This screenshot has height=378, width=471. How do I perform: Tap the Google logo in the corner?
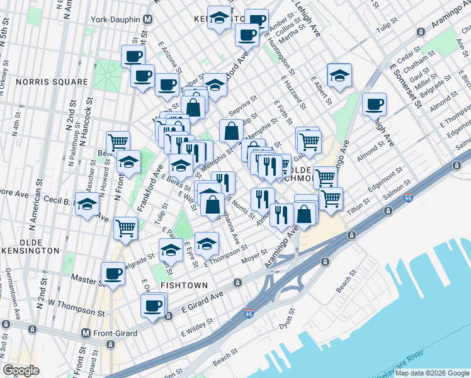21,370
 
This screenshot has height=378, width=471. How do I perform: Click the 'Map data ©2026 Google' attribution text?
432,374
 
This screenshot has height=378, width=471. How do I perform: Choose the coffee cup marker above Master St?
113,274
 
